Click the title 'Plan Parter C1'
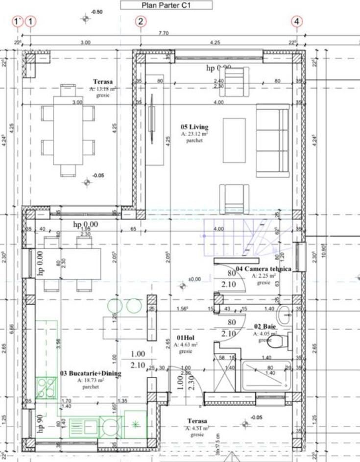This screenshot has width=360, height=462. click(x=167, y=5)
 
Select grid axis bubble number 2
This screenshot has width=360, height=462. click(x=141, y=21)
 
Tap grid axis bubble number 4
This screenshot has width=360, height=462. click(x=298, y=21)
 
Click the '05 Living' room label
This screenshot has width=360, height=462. click(x=194, y=127)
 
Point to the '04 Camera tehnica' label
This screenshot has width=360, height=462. click(x=264, y=269)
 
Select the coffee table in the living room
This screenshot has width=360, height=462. click(x=234, y=140)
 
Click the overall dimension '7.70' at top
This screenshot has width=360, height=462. click(x=164, y=33)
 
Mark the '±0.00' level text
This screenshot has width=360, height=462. click(x=195, y=279)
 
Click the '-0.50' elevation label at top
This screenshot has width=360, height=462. click(x=97, y=12)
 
